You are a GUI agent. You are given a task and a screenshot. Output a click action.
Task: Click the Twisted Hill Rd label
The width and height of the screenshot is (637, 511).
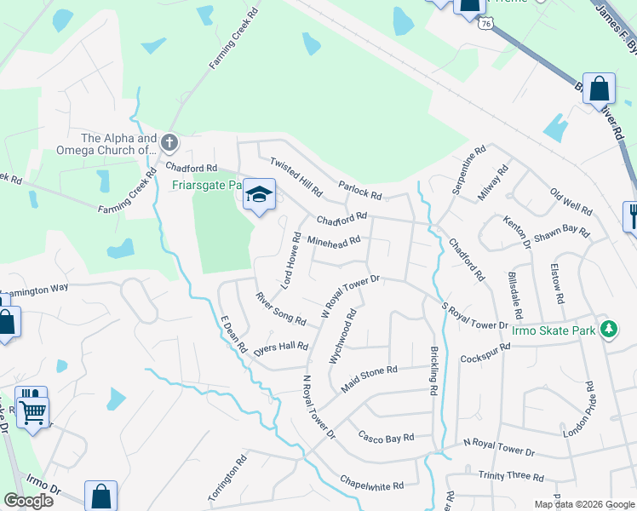296,175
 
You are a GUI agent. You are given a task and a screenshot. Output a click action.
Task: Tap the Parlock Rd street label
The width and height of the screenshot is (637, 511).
359,189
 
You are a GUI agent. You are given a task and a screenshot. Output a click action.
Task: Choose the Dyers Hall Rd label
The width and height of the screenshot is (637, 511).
280,347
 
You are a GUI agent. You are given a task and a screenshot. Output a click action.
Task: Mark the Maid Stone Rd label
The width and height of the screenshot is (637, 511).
370,376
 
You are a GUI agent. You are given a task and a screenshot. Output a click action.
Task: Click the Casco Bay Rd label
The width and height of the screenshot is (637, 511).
386,437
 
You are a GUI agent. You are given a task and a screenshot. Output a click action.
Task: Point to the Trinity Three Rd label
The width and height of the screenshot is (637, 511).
511,477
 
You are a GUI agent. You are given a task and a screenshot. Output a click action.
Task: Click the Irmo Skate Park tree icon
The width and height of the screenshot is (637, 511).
609,329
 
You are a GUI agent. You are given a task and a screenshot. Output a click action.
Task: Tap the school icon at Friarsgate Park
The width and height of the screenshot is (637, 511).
260,195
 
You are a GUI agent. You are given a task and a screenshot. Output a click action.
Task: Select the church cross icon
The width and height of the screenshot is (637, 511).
169,141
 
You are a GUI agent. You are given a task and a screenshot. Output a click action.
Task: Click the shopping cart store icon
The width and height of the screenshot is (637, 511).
32,412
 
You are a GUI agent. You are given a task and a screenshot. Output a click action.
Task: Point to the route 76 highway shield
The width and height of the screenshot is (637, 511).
485,24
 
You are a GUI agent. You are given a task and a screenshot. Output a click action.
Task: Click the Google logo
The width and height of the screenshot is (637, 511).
29,500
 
